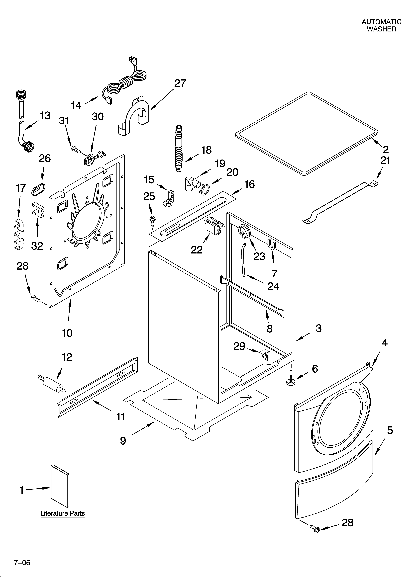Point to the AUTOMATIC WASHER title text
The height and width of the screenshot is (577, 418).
[381, 25]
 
